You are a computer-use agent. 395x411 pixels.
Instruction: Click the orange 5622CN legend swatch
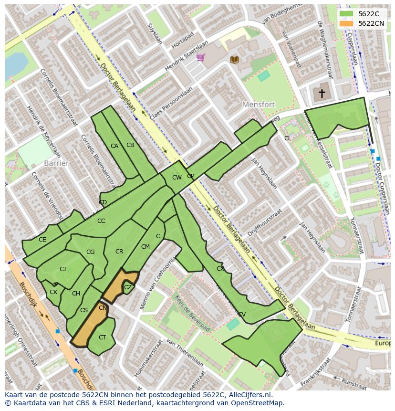(346, 23)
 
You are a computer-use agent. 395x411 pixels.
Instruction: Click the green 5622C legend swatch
(346, 14)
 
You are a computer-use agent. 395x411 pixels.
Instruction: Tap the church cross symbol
(322, 93)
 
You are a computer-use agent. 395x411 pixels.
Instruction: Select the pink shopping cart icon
(201, 58)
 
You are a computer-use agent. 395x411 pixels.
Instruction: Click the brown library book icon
(234, 59)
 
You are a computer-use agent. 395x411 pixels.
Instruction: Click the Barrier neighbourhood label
(56, 163)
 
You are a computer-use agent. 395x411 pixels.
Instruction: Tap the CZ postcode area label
(128, 287)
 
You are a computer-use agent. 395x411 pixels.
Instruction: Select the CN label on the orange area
(103, 308)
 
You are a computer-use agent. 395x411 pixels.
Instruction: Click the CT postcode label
(102, 337)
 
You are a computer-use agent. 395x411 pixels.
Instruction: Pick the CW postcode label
(177, 178)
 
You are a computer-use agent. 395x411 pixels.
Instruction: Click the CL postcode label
(288, 138)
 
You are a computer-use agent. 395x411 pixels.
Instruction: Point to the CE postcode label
(42, 240)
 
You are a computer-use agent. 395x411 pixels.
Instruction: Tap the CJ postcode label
(62, 269)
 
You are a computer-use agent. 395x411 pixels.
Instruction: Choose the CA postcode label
(114, 146)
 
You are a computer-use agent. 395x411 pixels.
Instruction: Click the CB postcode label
(130, 145)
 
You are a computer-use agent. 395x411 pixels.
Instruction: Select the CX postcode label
(220, 269)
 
